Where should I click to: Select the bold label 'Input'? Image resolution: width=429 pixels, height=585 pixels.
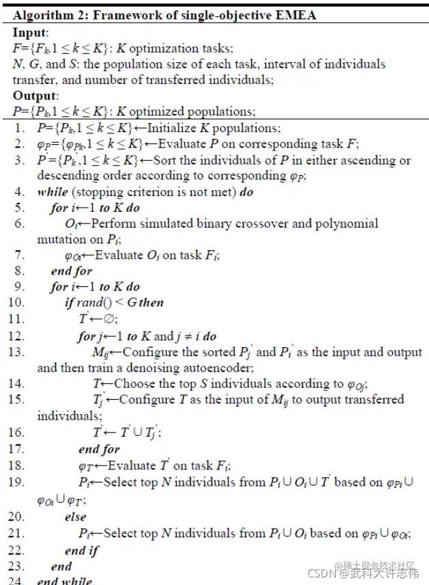(x=29, y=32)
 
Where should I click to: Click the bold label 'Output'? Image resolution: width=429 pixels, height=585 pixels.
(x=34, y=96)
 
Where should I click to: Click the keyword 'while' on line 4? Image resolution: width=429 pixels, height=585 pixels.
(x=53, y=192)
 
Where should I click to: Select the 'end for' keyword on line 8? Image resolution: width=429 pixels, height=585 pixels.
(x=72, y=271)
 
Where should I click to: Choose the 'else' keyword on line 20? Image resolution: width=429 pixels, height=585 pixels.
(x=75, y=517)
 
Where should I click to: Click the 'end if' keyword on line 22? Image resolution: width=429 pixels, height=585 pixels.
(x=82, y=550)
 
